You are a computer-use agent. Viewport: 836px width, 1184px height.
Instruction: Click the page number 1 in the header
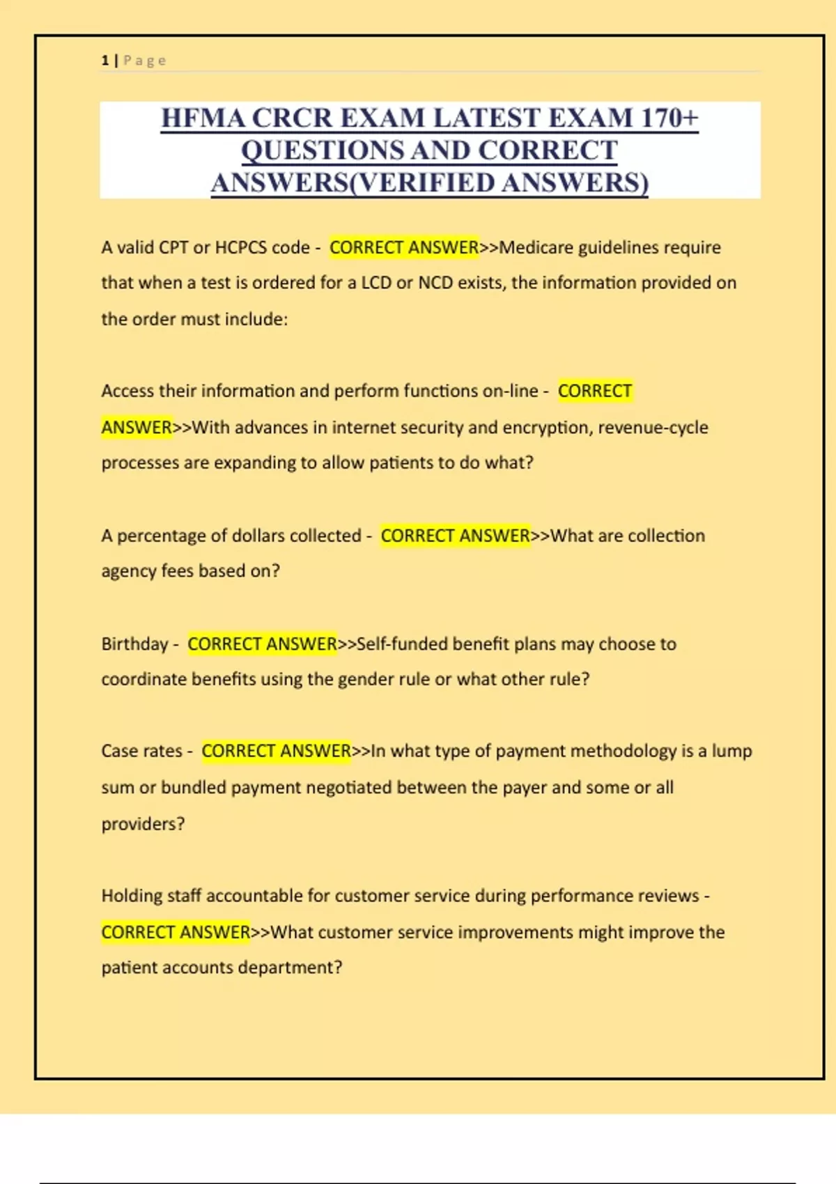point(105,61)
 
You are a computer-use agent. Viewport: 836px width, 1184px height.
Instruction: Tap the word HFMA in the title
point(202,118)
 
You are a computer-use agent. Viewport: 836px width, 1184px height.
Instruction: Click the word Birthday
point(134,644)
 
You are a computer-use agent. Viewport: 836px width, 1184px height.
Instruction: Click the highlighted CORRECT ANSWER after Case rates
point(276,751)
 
